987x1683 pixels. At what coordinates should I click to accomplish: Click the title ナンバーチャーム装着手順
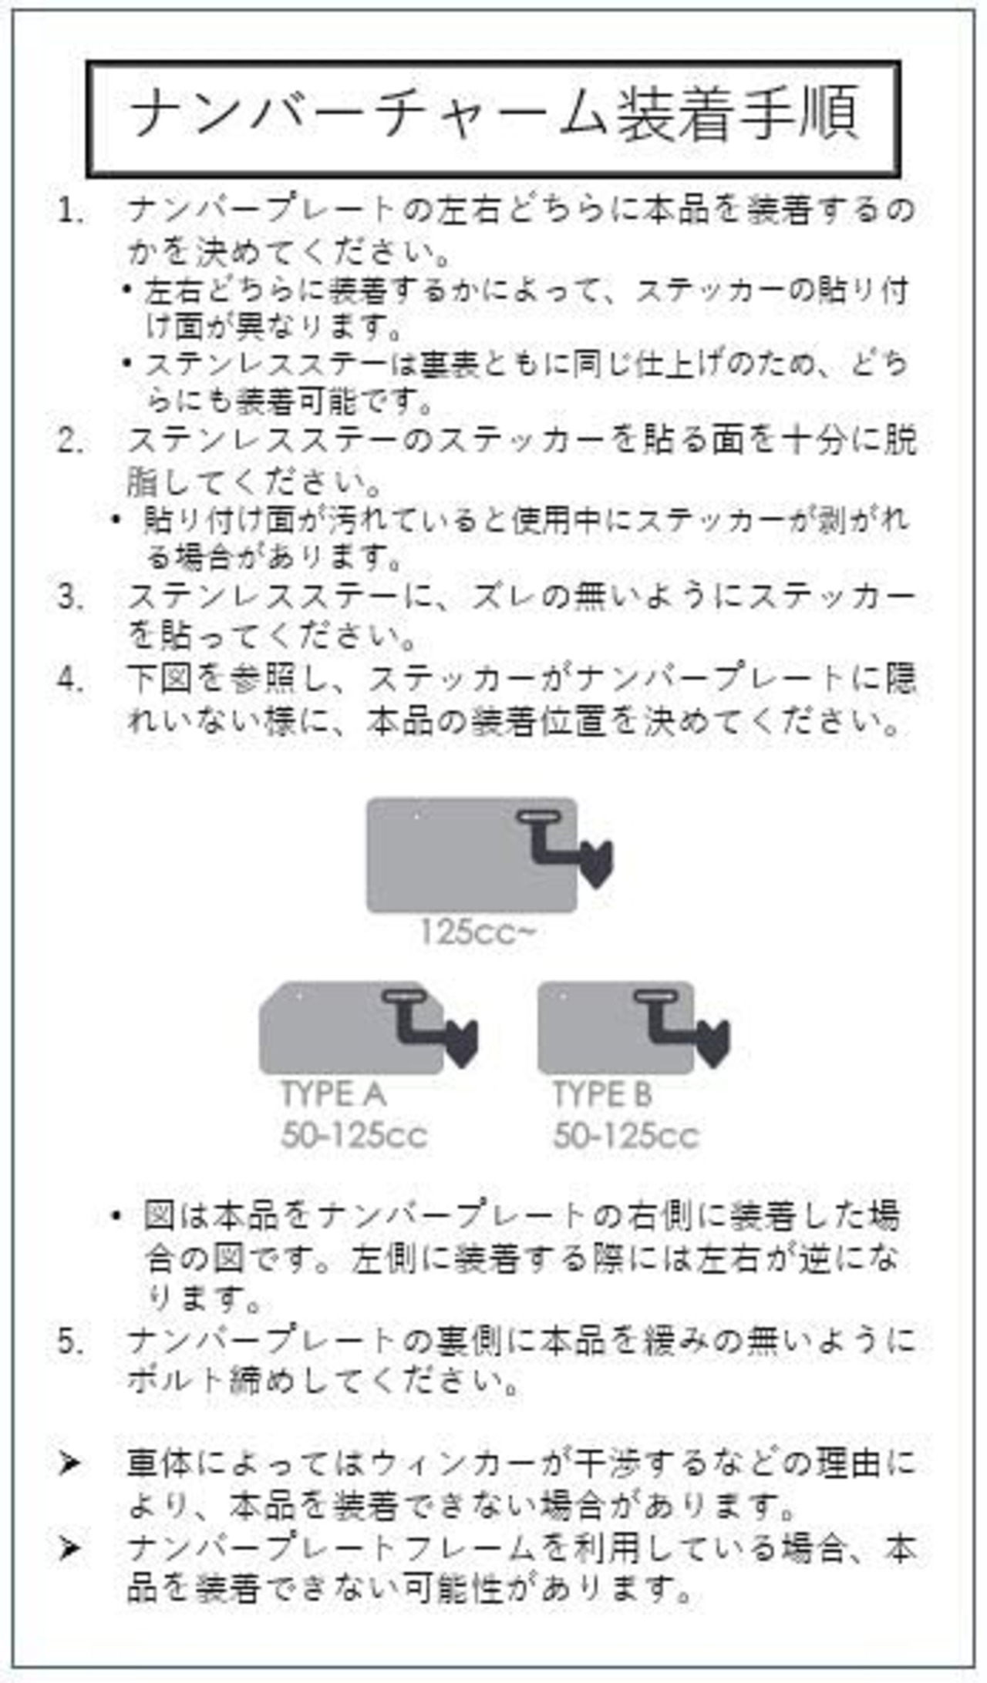tap(493, 117)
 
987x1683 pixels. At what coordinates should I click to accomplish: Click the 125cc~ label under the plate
tap(477, 932)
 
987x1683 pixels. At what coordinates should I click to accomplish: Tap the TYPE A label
tap(333, 1094)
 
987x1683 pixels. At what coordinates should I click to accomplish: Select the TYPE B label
tap(602, 1094)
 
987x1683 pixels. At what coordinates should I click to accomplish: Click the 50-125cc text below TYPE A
tap(354, 1135)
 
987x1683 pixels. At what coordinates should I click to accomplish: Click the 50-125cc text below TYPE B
tap(625, 1135)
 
